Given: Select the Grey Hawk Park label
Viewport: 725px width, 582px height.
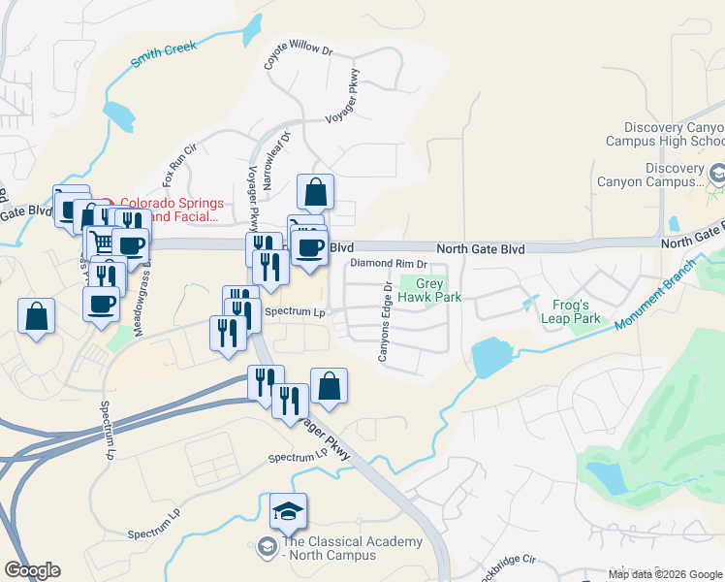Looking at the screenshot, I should coord(431,290).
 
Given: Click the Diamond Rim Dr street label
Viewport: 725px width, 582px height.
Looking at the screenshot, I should coord(389,264).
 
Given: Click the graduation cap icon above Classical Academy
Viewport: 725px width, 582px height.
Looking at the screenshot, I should coord(288,510).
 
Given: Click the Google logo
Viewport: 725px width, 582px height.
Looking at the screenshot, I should coord(32,570).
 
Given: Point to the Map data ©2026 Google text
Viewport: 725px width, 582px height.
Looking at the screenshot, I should coord(665,573).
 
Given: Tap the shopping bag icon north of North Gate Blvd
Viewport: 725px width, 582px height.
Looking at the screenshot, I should coord(315,192).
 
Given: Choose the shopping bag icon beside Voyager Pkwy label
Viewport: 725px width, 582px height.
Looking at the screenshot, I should coord(329,385).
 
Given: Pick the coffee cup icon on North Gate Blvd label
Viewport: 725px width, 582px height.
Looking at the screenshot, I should coord(309,247).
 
